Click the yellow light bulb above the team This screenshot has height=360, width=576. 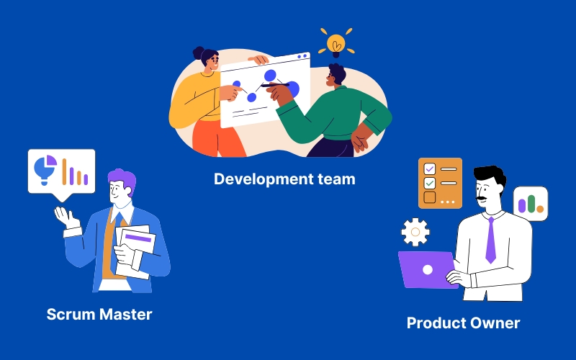336,45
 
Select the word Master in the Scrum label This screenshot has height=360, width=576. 125,315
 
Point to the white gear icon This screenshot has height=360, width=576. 415,232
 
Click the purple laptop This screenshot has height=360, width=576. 427,269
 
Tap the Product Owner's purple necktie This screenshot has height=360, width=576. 491,240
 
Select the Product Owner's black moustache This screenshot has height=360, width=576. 482,199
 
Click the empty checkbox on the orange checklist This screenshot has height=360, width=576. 429,197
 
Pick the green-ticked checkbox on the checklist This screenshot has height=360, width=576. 429,183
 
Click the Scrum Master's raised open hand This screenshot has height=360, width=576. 66,217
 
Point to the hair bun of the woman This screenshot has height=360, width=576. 199,53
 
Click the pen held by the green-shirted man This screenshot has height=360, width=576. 275,85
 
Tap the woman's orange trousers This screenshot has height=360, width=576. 218,138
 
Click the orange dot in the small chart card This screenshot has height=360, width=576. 539,209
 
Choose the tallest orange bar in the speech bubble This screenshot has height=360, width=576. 64,171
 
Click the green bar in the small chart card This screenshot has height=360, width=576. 531,204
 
